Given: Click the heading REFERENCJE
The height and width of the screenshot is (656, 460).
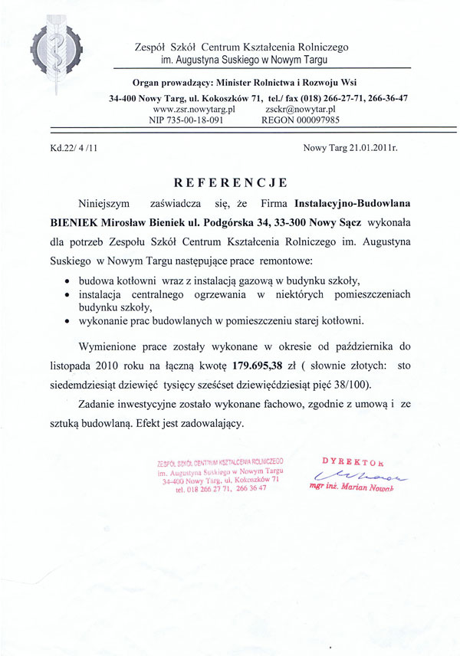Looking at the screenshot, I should pos(230,182).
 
